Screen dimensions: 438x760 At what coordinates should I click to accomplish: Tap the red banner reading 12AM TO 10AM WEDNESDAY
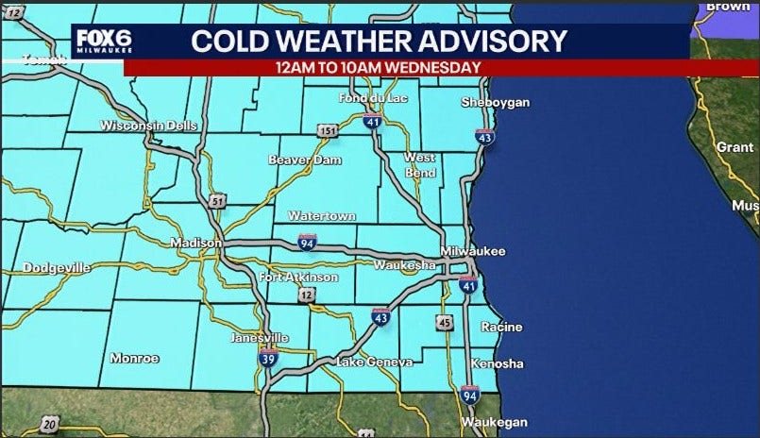(378, 67)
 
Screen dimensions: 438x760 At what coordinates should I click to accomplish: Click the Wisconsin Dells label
(146, 126)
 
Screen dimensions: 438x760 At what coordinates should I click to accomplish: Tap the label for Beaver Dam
(303, 160)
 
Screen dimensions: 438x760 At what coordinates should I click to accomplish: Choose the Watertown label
(322, 216)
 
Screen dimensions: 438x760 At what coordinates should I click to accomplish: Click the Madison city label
(195, 243)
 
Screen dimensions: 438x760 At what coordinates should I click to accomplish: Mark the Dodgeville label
(57, 268)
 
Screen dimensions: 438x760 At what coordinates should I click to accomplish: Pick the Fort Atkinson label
(298, 278)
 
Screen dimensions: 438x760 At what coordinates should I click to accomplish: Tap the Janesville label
(260, 337)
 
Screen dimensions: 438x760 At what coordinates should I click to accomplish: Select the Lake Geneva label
(375, 362)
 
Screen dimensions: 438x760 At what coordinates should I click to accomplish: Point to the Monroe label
(134, 358)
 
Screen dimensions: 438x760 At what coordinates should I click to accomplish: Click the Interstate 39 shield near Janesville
(268, 358)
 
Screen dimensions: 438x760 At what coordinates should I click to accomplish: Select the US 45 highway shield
(445, 323)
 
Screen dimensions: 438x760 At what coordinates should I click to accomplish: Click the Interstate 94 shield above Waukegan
(469, 395)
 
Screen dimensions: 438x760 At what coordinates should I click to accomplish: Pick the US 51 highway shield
(218, 201)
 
